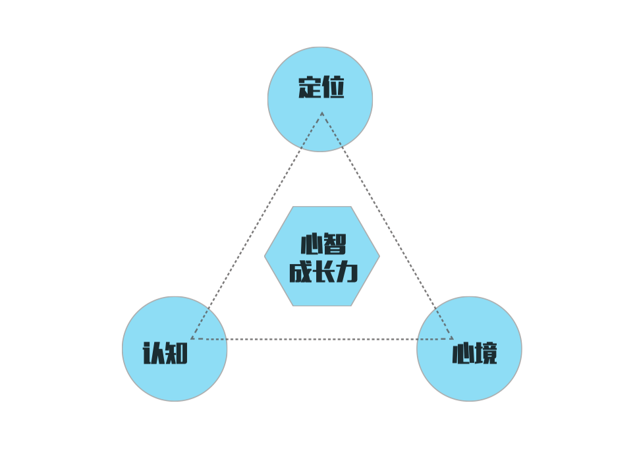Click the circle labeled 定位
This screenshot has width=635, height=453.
pos(320,99)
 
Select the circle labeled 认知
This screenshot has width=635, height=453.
pos(175,349)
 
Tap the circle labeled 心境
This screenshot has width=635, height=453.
pos(470,349)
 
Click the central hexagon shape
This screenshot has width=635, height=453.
pos(322,256)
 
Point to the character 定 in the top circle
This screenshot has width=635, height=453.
pos(310,88)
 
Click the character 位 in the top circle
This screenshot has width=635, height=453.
pos(333,88)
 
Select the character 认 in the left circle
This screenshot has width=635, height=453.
pos(154,353)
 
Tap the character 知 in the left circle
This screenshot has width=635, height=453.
pos(177,353)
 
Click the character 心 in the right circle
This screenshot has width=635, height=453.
pos(462,353)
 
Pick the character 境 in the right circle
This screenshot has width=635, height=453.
pos(485,353)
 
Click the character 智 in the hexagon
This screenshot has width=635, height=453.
pos(335,244)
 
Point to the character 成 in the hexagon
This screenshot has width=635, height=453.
pos(300,272)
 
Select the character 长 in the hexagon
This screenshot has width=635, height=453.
pos(323,272)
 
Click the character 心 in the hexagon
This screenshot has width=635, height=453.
pos(312,244)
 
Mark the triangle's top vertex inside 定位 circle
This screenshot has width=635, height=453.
pos(322,113)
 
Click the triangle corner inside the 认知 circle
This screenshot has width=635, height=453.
pos(191,338)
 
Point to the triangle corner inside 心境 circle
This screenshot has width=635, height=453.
pos(453,339)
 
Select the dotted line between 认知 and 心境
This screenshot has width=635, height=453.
pos(322,339)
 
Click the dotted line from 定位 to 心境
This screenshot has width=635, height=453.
pos(387,225)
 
